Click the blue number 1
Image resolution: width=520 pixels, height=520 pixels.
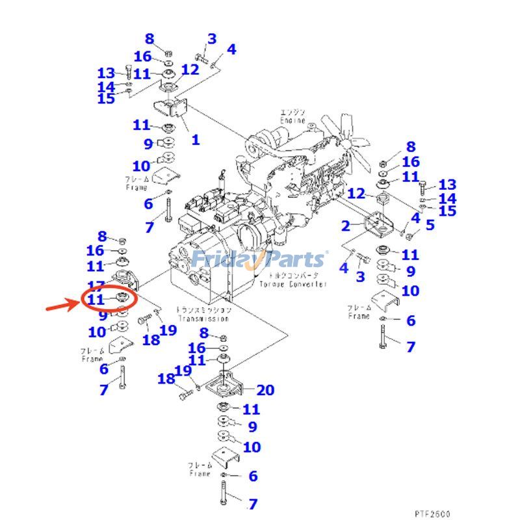click(195, 139)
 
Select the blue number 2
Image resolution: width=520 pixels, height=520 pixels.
click(346, 226)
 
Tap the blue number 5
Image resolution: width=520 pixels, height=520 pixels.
click(430, 226)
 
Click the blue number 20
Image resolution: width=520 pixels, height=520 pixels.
click(265, 390)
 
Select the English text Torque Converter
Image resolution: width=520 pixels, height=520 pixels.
click(292, 285)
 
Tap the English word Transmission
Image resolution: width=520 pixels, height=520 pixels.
click(203, 318)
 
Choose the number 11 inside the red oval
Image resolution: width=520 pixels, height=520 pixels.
click(96, 300)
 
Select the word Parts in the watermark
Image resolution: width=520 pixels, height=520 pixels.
click(292, 259)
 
